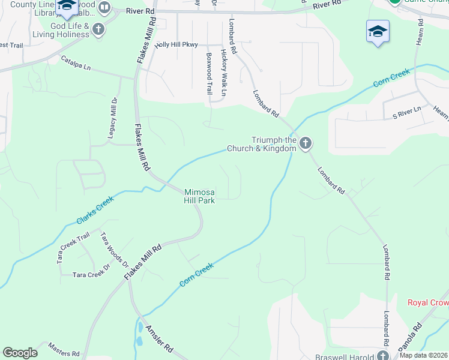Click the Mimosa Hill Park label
coord(199,196)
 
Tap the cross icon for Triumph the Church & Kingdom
coord(306,143)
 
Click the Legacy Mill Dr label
coord(112,118)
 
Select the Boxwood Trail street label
coord(209,73)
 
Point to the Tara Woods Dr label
coord(114,250)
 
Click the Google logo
coord(20,353)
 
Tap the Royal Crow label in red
coord(428,302)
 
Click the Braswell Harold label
coord(346,356)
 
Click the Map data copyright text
coord(424,355)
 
